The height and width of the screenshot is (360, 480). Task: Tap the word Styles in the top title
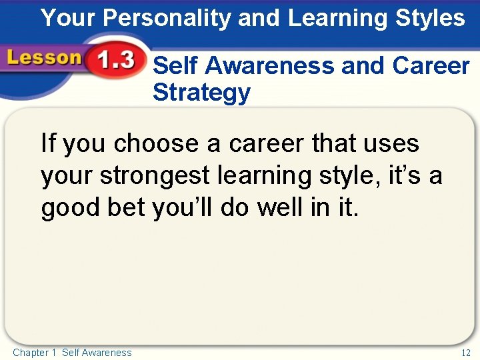click(430, 19)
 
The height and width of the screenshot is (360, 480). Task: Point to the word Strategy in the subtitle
click(201, 93)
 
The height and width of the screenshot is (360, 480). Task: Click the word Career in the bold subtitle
click(431, 66)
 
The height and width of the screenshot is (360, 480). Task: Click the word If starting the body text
click(48, 144)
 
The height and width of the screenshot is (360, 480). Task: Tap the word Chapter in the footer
click(30, 353)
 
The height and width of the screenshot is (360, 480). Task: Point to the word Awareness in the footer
click(107, 353)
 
